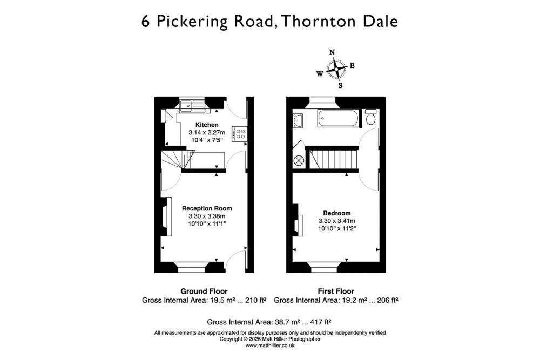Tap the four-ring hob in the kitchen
pyautogui.click(x=239, y=134)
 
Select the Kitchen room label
pyautogui.click(x=207, y=125)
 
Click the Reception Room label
pyautogui.click(x=207, y=208)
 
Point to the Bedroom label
pyautogui.click(x=337, y=213)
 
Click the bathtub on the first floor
pyautogui.click(x=338, y=118)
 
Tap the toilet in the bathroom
pyautogui.click(x=370, y=117)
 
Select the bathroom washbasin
pyautogui.click(x=298, y=120)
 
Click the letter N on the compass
pyautogui.click(x=332, y=52)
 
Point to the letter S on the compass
pyautogui.click(x=340, y=85)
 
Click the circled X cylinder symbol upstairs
pyautogui.click(x=299, y=161)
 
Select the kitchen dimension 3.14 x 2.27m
pyautogui.click(x=207, y=133)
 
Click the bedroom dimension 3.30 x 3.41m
pyautogui.click(x=337, y=221)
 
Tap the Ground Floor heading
pyautogui.click(x=204, y=291)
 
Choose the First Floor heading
pyautogui.click(x=336, y=291)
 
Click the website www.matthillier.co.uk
pyautogui.click(x=270, y=345)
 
